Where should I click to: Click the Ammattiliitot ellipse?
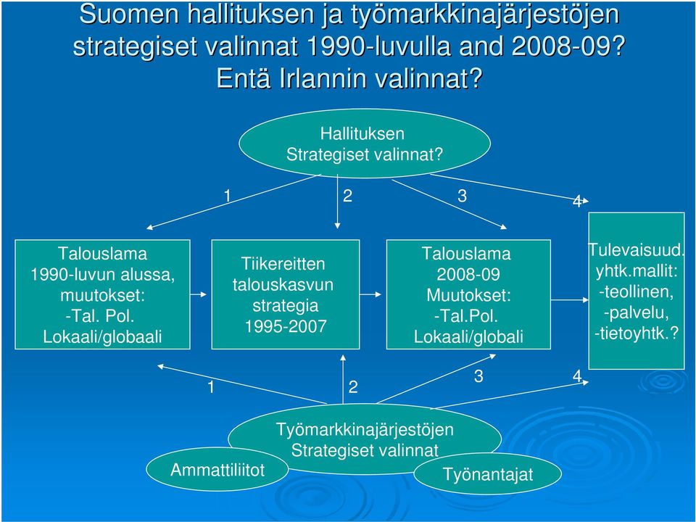tap(217, 469)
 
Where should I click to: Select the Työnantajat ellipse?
tap(487, 473)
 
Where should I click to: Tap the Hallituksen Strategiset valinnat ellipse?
tap(365, 144)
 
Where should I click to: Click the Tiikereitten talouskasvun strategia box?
tap(286, 294)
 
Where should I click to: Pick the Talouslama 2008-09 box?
tap(468, 294)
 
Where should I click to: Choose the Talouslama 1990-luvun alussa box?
tap(102, 294)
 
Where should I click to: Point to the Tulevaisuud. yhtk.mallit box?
tap(636, 291)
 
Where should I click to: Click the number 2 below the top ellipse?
tap(347, 196)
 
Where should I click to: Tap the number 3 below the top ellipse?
tap(462, 196)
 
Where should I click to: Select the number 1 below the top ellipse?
tap(228, 196)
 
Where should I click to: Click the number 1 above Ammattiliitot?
tap(211, 387)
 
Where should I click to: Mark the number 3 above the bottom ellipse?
tap(478, 376)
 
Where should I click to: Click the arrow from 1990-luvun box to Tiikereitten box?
tap(199, 294)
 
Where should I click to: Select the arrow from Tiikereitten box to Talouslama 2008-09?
tap(370, 294)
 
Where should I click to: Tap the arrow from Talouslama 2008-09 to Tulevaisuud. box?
tap(570, 300)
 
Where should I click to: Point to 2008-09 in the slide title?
tap(562, 46)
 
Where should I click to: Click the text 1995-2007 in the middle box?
tap(286, 326)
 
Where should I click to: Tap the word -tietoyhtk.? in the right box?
tap(637, 333)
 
